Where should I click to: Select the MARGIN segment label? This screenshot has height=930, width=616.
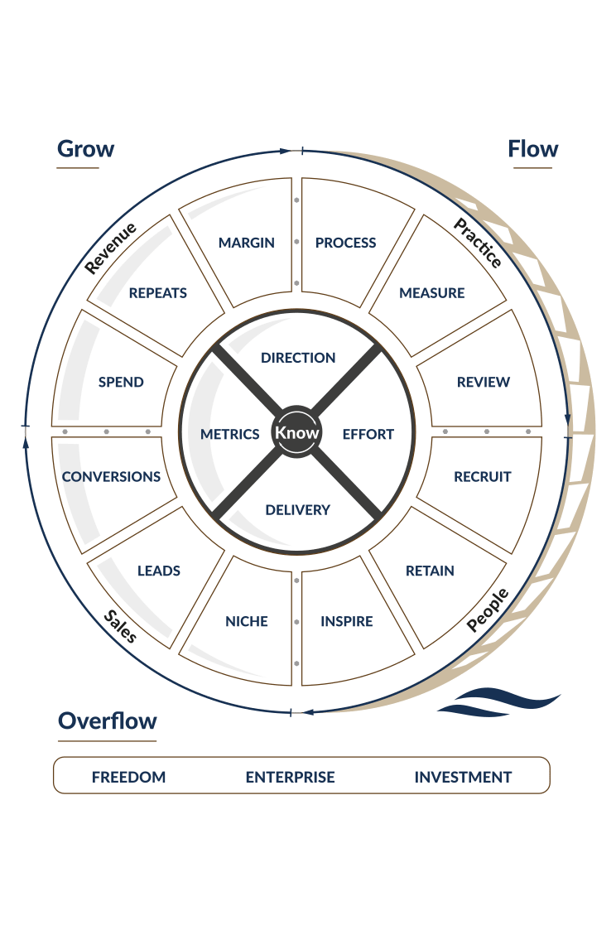pos(246,243)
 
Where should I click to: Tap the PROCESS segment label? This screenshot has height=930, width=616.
pos(345,243)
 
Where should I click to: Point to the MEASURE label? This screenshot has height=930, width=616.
pos(431,292)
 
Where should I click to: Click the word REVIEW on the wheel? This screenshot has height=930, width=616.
pos(484,383)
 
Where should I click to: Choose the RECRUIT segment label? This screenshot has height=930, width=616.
pos(483,477)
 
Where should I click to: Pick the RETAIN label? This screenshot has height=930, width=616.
pos(430,571)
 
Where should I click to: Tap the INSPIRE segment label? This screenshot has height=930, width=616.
pos(346,621)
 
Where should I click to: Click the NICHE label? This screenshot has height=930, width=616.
pos(247,621)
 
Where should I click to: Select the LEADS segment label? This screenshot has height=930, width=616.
pos(159,571)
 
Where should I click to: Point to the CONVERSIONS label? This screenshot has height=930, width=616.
pos(112,477)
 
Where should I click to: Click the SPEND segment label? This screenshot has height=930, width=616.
pos(121,383)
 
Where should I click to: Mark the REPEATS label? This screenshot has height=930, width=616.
pos(157,292)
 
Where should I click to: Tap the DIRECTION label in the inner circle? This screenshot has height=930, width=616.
pos(298,358)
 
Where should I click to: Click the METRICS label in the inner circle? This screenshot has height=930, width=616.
pos(230,434)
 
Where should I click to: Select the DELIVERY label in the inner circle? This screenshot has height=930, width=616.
pos(297,510)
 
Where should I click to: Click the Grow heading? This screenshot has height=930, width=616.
pos(85,149)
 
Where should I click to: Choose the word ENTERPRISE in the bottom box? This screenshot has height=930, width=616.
pos(290,777)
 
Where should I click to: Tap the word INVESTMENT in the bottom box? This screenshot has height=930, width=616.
pos(463,777)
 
